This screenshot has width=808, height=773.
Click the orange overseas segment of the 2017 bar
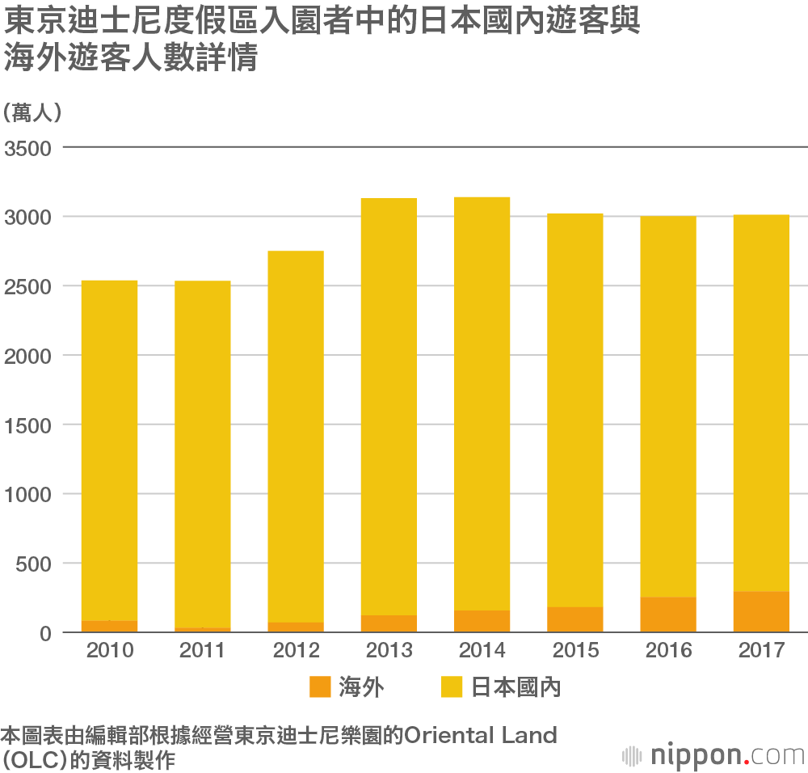click(761, 612)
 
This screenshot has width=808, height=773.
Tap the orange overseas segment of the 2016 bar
click(668, 615)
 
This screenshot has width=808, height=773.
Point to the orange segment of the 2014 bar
click(482, 621)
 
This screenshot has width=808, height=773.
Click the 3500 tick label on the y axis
click(27, 149)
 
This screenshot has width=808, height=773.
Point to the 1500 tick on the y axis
click(27, 425)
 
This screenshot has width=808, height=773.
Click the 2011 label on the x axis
click(202, 651)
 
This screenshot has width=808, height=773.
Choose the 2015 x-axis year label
click(575, 651)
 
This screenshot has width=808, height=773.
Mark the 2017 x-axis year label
click(761, 651)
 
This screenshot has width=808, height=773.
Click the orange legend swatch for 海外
click(320, 687)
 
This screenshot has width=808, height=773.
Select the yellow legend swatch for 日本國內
click(451, 687)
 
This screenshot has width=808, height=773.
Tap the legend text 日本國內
click(516, 688)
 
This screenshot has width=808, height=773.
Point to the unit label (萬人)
click(32, 113)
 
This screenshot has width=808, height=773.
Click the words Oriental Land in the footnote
click(481, 736)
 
